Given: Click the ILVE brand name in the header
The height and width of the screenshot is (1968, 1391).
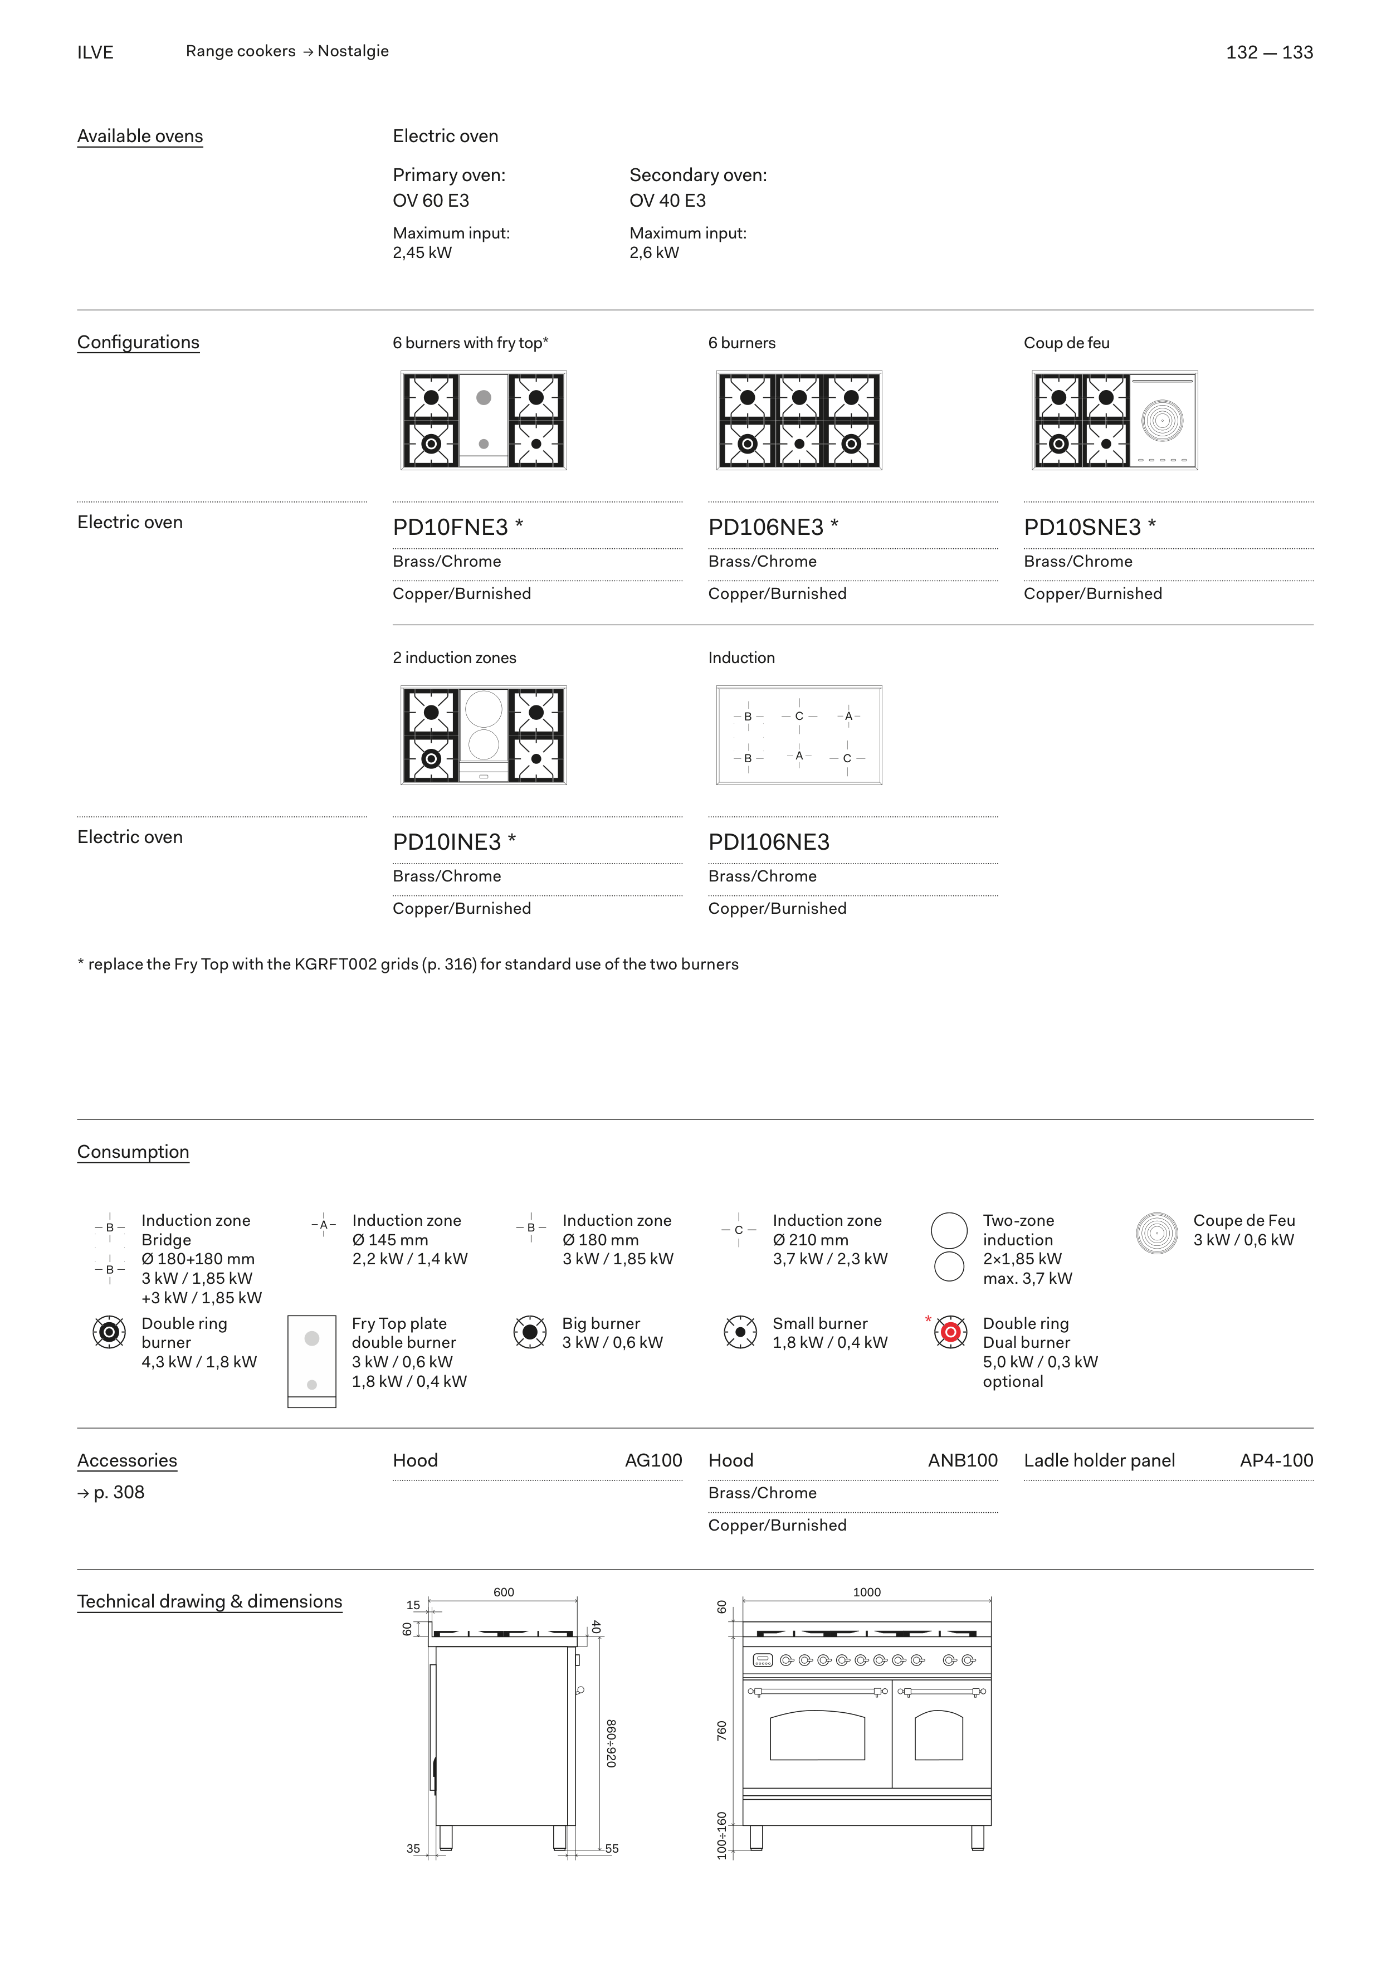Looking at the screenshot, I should tap(95, 52).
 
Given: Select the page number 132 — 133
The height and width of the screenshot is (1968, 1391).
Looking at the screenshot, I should tap(1268, 52).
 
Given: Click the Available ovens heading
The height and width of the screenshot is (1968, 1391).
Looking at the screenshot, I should tap(140, 137).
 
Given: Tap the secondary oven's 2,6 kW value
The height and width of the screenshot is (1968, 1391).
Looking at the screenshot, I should tap(654, 253).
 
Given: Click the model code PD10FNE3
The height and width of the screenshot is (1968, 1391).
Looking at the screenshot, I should tap(450, 527).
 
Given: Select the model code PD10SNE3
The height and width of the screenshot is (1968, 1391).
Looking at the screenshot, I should tap(1082, 527).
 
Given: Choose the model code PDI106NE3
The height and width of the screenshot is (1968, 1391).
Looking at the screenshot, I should tap(768, 842).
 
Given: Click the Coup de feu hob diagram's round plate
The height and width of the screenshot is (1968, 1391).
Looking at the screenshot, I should tap(1161, 421).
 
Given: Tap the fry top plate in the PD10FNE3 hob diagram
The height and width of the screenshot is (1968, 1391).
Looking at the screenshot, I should tap(484, 420).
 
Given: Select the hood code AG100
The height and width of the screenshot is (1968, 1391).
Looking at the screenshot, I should tap(653, 1460).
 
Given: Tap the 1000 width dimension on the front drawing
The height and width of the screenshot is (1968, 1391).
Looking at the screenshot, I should tap(866, 1592).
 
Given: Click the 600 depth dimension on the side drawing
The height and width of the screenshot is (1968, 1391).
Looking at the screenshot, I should tap(503, 1592).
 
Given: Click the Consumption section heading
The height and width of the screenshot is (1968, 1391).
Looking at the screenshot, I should tap(133, 1152).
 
